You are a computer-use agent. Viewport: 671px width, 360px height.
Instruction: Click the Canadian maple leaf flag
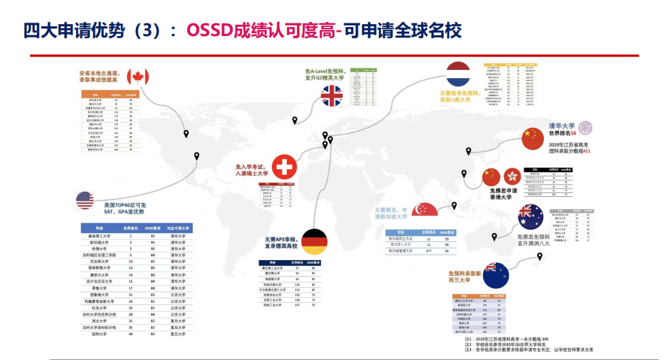pyautogui.click(x=138, y=76)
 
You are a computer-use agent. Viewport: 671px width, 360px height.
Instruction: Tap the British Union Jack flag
pyautogui.click(x=332, y=95)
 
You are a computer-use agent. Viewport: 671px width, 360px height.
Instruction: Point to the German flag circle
pyautogui.click(x=314, y=242)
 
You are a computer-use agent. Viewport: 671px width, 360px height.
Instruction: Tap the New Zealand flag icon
pyautogui.click(x=495, y=274)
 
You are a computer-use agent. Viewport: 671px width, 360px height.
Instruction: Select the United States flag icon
pyautogui.click(x=84, y=200)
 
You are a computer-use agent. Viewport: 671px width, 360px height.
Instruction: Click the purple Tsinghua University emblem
pyautogui.click(x=584, y=128)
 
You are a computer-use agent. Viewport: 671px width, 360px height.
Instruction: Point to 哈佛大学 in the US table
pyautogui.click(x=99, y=249)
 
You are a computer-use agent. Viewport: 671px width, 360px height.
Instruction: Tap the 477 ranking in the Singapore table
pyautogui.click(x=428, y=251)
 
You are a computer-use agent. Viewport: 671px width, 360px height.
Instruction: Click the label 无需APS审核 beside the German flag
pyautogui.click(x=280, y=237)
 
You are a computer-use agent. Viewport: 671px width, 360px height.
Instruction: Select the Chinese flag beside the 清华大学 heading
pyautogui.click(x=532, y=138)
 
